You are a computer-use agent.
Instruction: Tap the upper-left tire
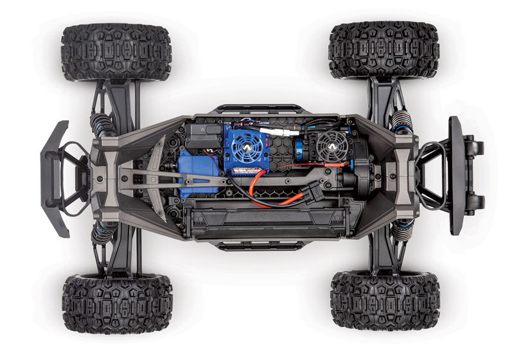point(116,52)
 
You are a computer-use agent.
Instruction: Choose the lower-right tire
point(384,301)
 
